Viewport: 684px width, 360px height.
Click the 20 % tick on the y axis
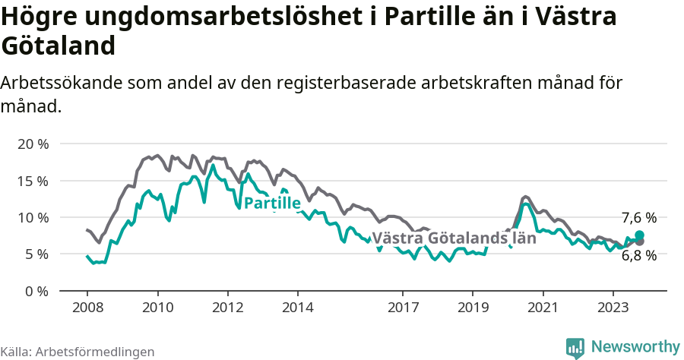pos(32,144)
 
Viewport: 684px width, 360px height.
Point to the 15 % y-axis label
pos(32,181)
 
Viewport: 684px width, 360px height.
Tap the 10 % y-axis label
pos(32,217)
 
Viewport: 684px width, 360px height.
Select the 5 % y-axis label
pos(36,254)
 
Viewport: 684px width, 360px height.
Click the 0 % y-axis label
pos(36,291)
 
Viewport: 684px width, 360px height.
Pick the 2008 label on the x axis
pos(87,308)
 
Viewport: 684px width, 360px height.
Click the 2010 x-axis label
pos(157,308)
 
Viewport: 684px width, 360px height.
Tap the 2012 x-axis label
pos(227,308)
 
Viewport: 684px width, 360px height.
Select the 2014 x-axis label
pos(297,308)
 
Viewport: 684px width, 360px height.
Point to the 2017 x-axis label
pos(403,308)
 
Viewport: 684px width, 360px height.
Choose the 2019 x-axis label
pos(473,308)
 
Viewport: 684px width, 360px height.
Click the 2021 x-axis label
pos(543,308)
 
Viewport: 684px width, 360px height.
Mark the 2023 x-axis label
pos(613,308)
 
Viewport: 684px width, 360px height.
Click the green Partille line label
pos(271,203)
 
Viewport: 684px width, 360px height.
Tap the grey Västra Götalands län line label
pos(454,238)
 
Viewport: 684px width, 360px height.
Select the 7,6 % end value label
pos(638,218)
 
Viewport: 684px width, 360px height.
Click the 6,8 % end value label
pos(638,256)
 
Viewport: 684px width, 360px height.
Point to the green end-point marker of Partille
pos(639,235)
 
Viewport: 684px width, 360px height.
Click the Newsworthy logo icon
pos(575,347)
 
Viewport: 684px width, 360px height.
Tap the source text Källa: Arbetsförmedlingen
pos(78,352)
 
